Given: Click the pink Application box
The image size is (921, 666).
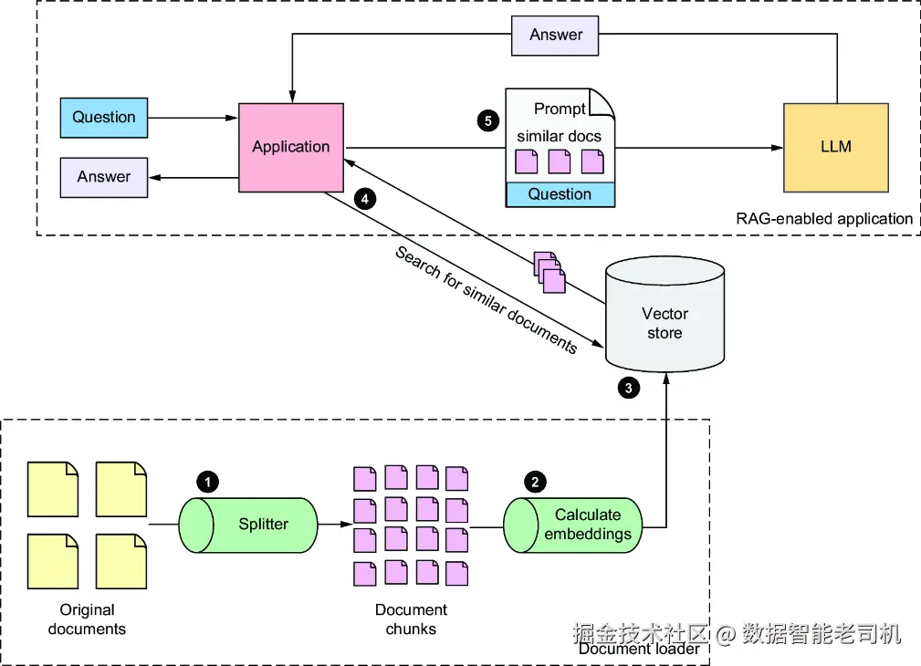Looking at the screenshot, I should tap(291, 147).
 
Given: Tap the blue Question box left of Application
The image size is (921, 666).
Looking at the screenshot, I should tap(104, 117).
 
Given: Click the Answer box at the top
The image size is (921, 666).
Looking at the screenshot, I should tap(556, 35).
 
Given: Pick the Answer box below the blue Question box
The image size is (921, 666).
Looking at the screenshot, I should tap(104, 177).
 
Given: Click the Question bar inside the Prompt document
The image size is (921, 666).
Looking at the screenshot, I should tap(560, 194).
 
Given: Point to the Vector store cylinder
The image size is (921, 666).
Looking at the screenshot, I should tap(665, 315).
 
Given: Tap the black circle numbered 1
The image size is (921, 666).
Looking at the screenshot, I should tap(208, 481).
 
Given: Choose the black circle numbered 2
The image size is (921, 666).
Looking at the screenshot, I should tap(535, 481).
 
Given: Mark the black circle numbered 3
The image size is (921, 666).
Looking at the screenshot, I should tap(628, 388).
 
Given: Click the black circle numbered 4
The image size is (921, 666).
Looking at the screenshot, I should tap(365, 198).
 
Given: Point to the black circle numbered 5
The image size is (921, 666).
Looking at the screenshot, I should tap(488, 120).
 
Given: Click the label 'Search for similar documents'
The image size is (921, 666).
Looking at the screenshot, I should tap(486, 299).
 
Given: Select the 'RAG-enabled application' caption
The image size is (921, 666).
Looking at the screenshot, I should tap(823, 219).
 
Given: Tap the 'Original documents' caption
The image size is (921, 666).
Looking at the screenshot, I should tap(87, 619).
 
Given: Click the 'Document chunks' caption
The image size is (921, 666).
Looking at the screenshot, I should tap(411, 619).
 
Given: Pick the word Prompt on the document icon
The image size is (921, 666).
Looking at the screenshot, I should tap(560, 109).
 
